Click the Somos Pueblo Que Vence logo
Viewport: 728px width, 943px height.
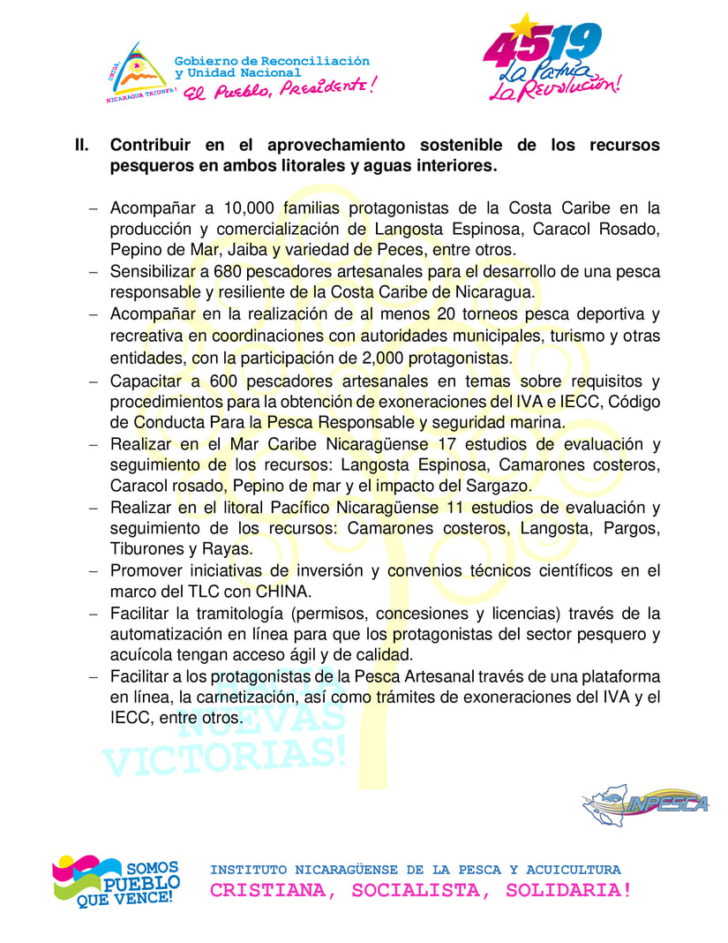coord(116,881)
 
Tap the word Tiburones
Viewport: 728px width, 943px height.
coord(146,549)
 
